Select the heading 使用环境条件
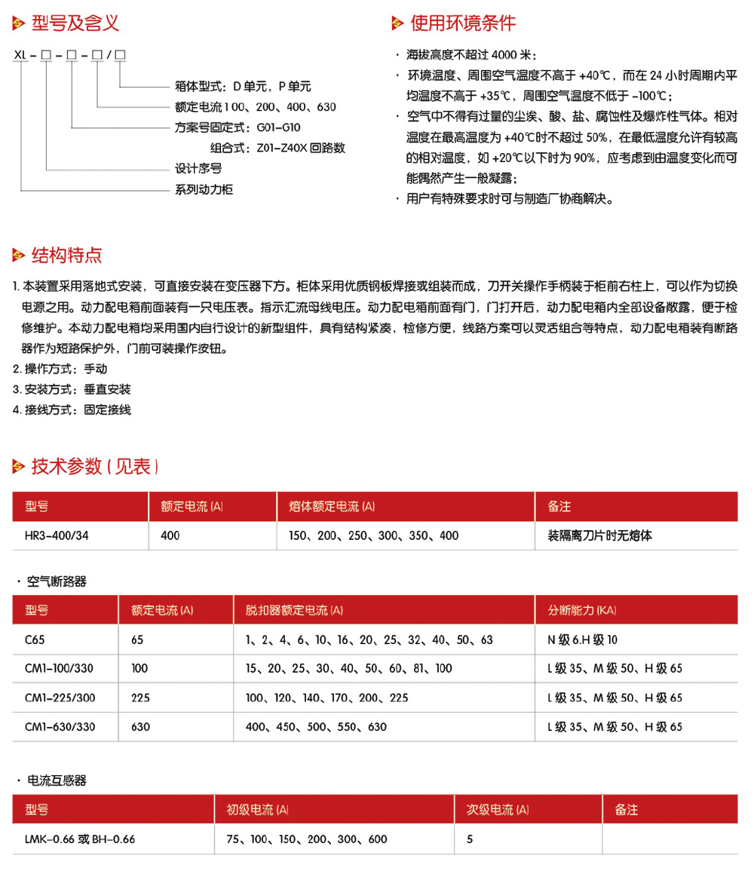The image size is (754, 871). point(462,23)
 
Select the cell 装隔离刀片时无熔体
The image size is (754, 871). point(600,535)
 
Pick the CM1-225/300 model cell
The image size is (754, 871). point(60,698)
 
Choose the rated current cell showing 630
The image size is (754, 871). point(141,727)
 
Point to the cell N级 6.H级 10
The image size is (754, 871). point(582,639)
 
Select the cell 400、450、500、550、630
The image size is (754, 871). point(316,727)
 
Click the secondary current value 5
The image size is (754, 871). point(470,839)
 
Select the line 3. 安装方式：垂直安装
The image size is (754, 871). point(72,390)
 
